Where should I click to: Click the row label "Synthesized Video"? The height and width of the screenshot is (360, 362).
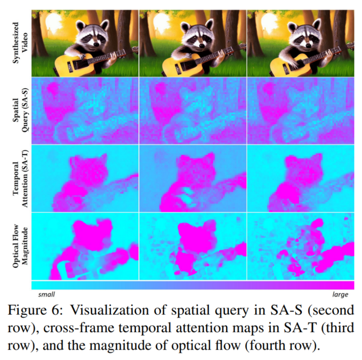coord(18,43)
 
